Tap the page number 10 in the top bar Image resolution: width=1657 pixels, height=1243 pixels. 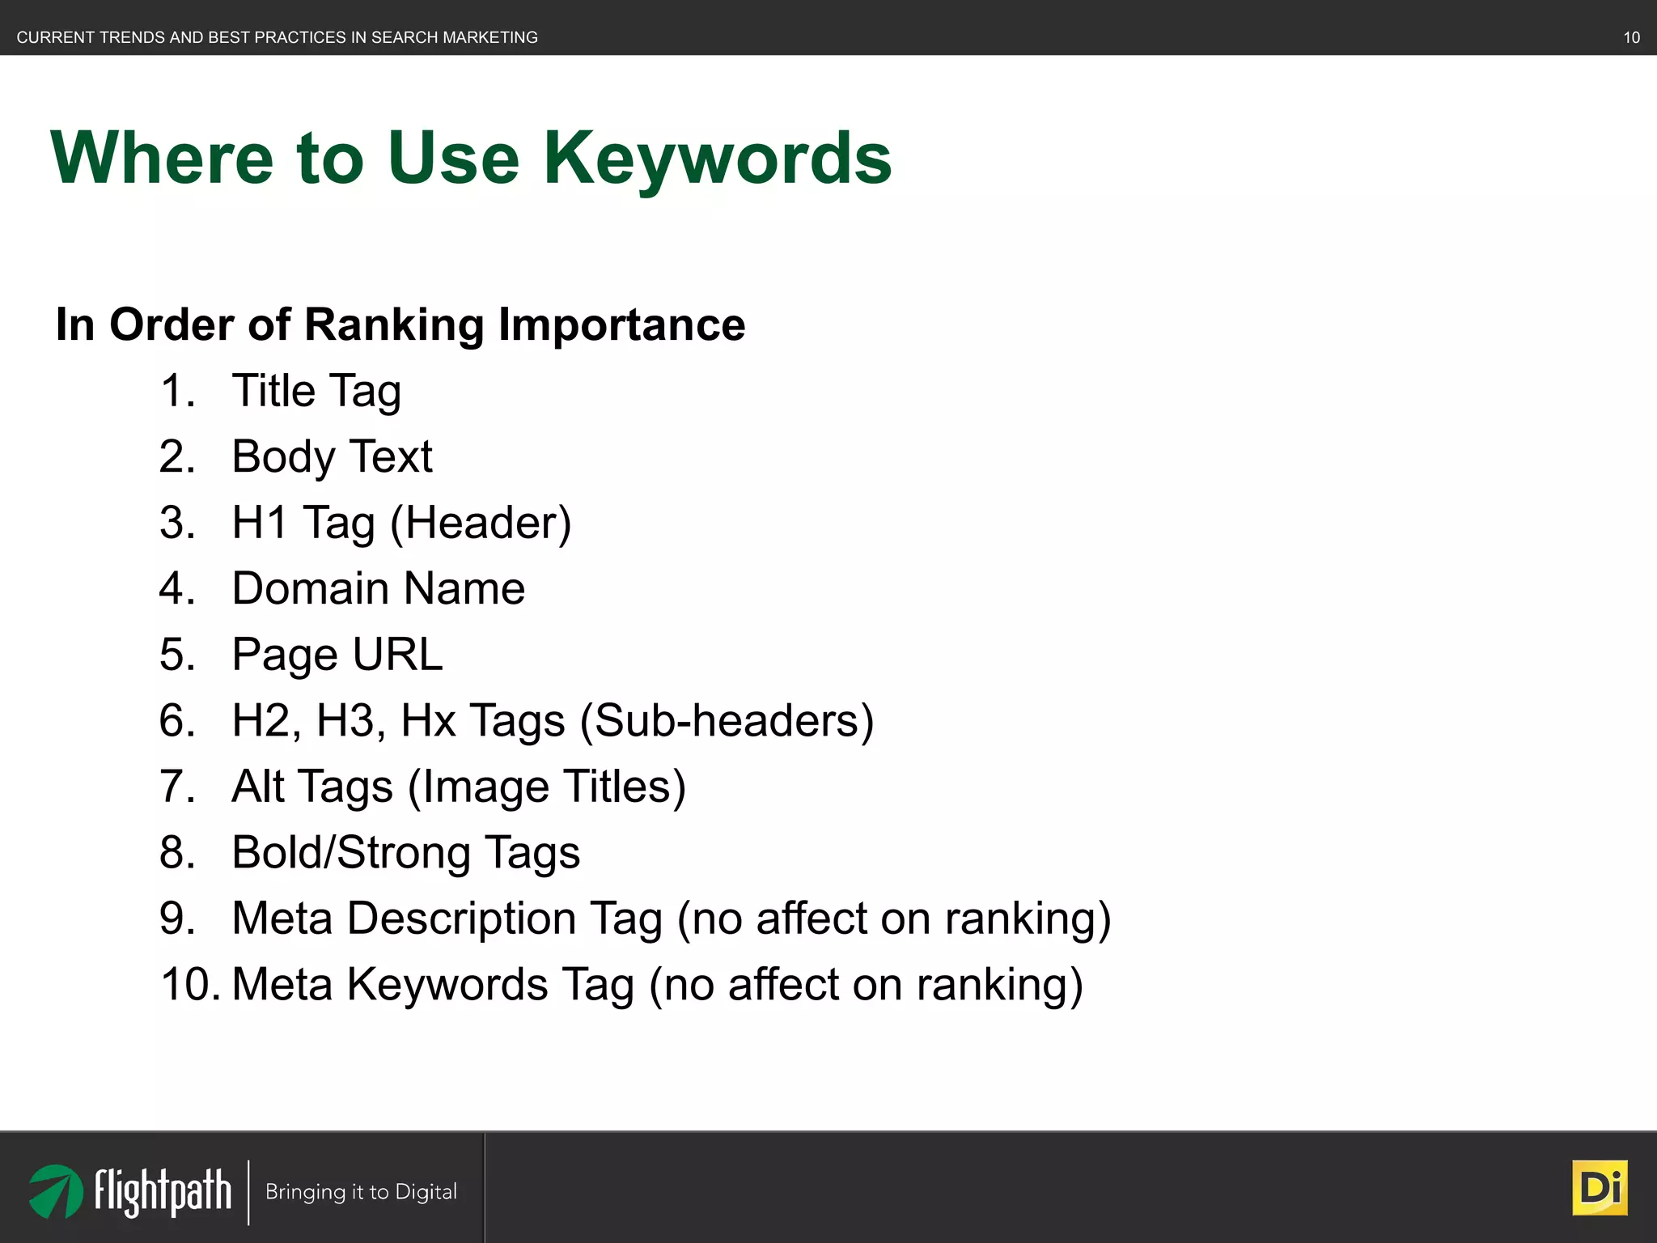pyautogui.click(x=1631, y=37)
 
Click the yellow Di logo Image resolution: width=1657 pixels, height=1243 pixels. pyautogui.click(x=1600, y=1188)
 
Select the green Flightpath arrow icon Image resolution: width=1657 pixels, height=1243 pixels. pyautogui.click(x=56, y=1191)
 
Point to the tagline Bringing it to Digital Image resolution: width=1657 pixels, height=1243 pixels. pyautogui.click(x=361, y=1192)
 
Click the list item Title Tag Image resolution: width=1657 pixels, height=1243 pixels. pyautogui.click(x=316, y=392)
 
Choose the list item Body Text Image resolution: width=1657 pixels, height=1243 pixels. pyautogui.click(x=332, y=457)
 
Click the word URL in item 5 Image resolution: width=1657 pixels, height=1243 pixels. pyautogui.click(x=397, y=655)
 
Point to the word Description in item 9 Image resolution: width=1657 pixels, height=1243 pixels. pyautogui.click(x=460, y=918)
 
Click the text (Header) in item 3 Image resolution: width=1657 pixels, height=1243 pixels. pyautogui.click(x=481, y=523)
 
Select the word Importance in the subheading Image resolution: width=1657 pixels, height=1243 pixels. pyautogui.click(x=621, y=325)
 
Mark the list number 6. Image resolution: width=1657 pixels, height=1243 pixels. pyautogui.click(x=177, y=721)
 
